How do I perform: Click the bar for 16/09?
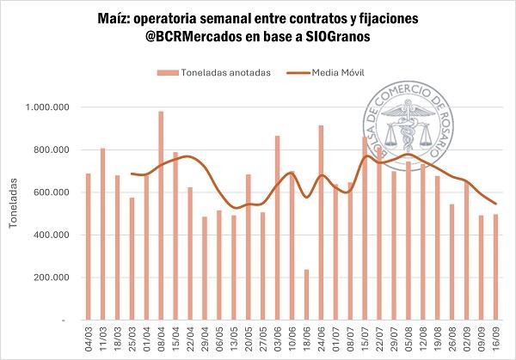(495, 267)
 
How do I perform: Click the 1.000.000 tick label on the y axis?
(49, 107)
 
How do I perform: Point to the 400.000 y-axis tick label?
(52, 235)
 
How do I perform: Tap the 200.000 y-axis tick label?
(52, 278)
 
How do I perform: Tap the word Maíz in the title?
(129, 18)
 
